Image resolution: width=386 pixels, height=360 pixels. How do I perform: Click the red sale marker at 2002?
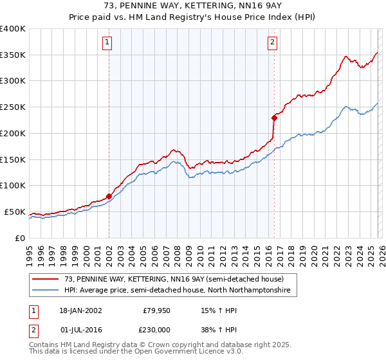click(x=109, y=196)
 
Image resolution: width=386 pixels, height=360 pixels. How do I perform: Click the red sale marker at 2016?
click(x=274, y=118)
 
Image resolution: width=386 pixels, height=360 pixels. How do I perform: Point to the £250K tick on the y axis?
click(x=12, y=107)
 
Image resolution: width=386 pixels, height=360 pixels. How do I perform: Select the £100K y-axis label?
click(x=12, y=186)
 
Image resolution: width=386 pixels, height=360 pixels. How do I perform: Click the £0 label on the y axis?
click(x=19, y=238)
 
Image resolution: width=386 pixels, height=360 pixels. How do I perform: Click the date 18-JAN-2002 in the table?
click(x=80, y=310)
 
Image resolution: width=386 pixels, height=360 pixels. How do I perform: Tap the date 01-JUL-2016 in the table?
click(x=80, y=330)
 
